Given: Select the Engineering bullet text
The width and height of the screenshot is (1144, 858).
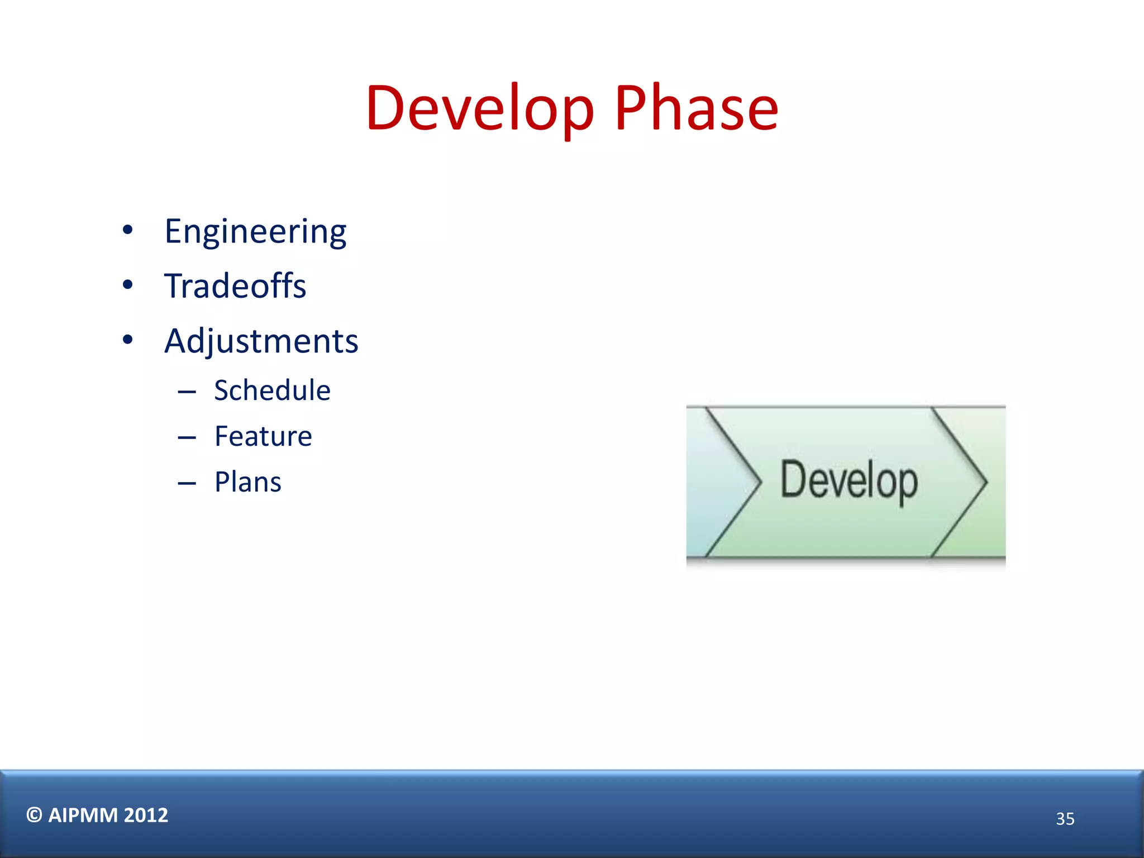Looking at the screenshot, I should pos(255,232).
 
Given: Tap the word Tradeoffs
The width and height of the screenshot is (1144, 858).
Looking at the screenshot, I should pos(235,286).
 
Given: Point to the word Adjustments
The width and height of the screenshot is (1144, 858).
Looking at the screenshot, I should pos(261,341).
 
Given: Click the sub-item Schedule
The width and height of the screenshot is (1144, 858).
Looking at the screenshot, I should pos(272,390).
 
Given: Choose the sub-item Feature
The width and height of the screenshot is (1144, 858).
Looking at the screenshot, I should pos(263,436).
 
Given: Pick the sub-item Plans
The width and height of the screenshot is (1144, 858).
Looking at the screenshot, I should pos(247,482).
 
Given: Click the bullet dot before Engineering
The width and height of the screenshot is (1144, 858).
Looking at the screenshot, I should pos(128,230).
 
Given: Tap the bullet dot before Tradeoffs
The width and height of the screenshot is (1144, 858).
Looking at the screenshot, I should pos(128,285).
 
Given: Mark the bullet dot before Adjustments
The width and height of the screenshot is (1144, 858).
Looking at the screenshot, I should pos(128,340).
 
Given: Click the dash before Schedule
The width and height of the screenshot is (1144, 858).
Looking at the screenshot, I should pos(187,392).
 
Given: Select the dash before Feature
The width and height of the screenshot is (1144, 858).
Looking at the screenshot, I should pos(187,437).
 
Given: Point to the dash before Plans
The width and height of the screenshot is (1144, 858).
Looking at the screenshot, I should pos(187,483).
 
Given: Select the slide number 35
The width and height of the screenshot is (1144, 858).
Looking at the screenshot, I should pos(1065,819).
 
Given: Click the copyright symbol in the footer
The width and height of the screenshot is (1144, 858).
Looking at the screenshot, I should pos(34,815).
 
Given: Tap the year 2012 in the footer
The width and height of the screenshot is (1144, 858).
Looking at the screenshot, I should pos(146,816).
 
